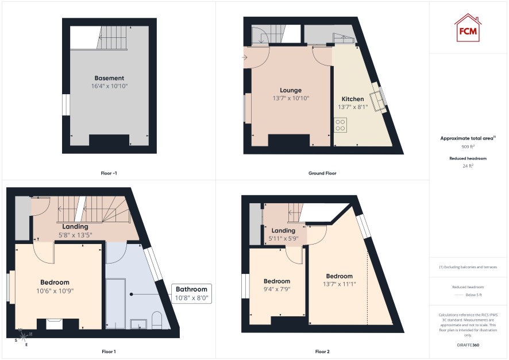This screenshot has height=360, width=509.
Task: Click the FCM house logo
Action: tap(468, 28)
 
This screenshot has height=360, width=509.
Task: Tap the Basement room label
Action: tap(109, 78)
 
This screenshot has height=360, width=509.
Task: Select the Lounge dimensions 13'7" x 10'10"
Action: tap(291, 98)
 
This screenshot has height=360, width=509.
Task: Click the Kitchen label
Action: tap(353, 99)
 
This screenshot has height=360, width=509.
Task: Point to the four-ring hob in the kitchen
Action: tap(340, 125)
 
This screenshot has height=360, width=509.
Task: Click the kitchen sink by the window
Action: tap(379, 102)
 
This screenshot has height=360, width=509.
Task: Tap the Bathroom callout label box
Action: tap(191, 293)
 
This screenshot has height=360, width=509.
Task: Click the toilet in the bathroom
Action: tap(157, 320)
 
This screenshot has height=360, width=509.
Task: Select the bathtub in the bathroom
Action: tap(115, 303)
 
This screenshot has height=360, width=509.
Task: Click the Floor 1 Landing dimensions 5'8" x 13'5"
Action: tap(75, 235)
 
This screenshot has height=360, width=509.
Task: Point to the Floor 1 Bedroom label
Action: tap(55, 282)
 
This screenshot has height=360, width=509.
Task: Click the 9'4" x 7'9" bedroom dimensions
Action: tap(277, 289)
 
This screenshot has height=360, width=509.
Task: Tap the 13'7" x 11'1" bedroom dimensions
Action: tap(339, 284)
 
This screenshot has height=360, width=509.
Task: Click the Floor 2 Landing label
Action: tap(283, 231)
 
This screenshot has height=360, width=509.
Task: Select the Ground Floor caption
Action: tap(322, 173)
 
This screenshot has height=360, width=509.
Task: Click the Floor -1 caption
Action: tap(109, 173)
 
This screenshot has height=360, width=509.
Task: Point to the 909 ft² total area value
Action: tap(468, 146)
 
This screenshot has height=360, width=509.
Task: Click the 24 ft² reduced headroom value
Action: tap(468, 166)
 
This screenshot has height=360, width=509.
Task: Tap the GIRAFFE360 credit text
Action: tap(468, 344)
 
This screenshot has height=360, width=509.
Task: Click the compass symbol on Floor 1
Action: tap(24, 336)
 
